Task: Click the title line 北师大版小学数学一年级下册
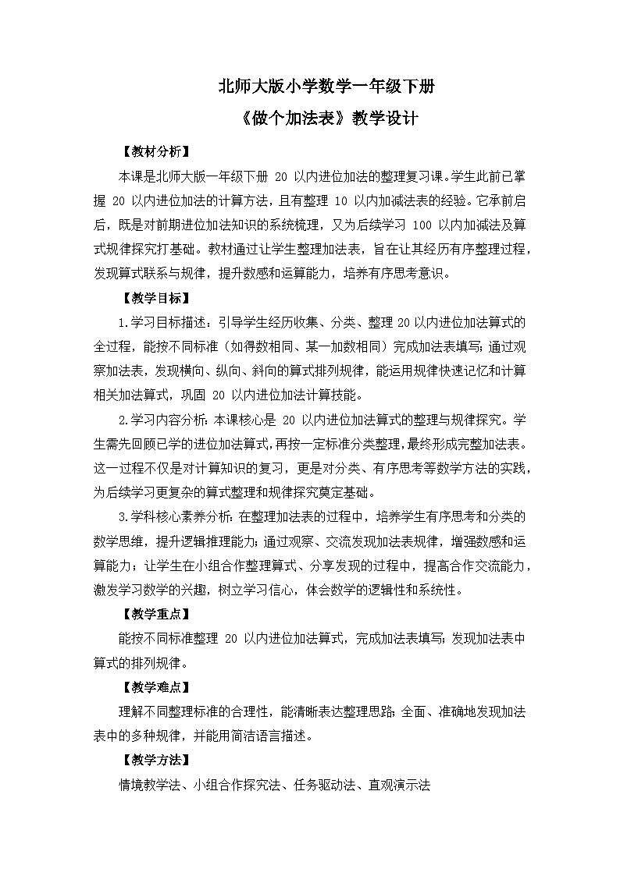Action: (310, 87)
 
